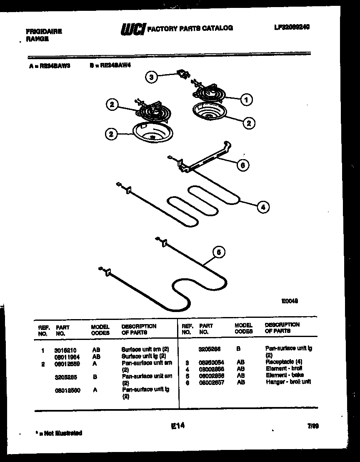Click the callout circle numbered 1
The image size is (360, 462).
coord(246,99)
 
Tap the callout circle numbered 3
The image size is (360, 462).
coord(152,77)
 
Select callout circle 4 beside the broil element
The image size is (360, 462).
coord(262,206)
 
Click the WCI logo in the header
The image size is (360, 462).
coord(132,29)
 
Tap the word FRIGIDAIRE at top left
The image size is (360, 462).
coord(44,32)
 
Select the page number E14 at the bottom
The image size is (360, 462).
coord(177,426)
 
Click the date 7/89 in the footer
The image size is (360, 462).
coord(313,426)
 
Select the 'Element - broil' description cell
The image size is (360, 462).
coord(283,369)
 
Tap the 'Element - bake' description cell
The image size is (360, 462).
coord(284,375)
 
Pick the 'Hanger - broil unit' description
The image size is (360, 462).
coord(288,382)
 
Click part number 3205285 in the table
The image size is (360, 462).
coord(65,377)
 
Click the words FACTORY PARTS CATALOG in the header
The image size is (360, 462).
coord(190,28)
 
